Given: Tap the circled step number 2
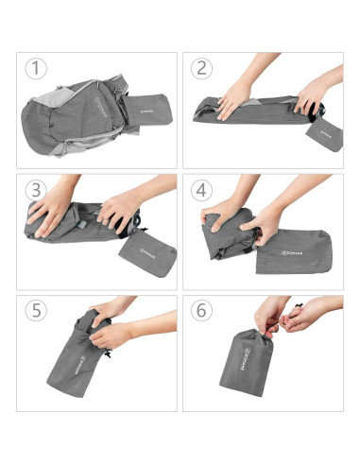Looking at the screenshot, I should click(x=201, y=69).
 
